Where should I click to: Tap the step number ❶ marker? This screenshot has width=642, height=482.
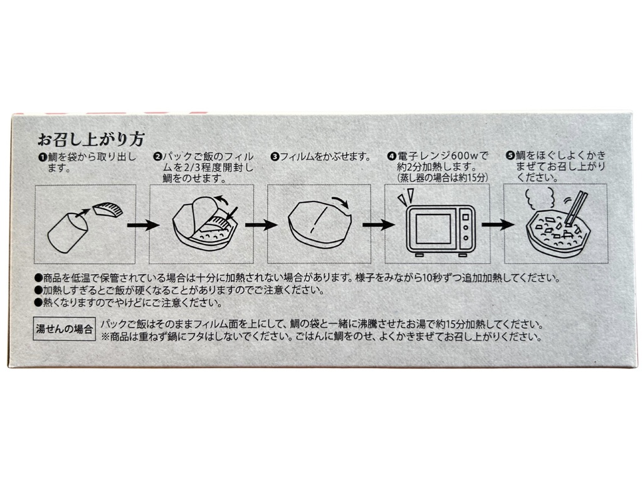coord(43,156)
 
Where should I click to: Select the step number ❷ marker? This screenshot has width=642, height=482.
coord(159,156)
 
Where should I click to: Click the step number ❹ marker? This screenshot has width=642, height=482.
coord(391,156)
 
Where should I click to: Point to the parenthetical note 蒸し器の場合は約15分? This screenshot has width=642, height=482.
coord(441,178)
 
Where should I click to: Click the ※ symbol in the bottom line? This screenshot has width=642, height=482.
coord(104,336)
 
